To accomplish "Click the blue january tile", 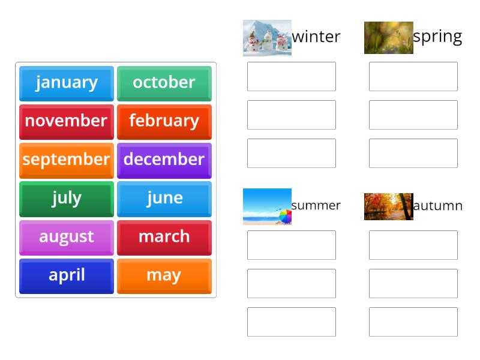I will click(x=66, y=83).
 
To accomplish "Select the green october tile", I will click(x=164, y=83).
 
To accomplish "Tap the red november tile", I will click(x=66, y=121).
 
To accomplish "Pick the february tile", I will click(x=164, y=121).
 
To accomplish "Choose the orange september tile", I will click(x=66, y=160).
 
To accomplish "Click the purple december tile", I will click(x=164, y=160).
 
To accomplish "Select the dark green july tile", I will click(x=66, y=198).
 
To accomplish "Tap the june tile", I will click(x=164, y=198).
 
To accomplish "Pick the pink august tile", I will click(x=66, y=237).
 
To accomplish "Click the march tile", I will click(x=164, y=237).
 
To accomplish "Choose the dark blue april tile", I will click(x=66, y=275).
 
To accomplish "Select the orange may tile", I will click(x=164, y=275).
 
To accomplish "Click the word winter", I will click(x=316, y=37).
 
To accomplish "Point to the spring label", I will click(x=437, y=37).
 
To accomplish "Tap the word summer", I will click(x=316, y=206).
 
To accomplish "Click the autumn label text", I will click(x=437, y=206).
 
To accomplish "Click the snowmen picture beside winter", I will click(x=267, y=38).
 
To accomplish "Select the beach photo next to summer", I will click(x=267, y=206).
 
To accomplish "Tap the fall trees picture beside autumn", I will click(x=388, y=206).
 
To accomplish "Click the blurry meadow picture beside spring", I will click(x=388, y=38).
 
